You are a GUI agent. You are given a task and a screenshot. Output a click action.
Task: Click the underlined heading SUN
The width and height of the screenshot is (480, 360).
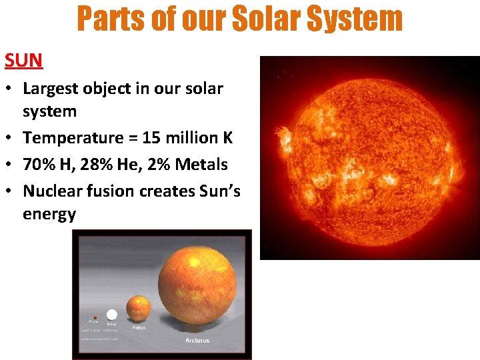click(x=24, y=60)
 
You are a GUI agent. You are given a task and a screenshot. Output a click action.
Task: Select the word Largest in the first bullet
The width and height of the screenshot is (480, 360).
click(x=51, y=89)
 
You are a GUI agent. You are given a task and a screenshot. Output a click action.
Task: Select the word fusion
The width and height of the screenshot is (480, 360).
click(x=111, y=191)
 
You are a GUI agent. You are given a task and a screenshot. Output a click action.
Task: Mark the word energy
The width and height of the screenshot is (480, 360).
click(x=49, y=214)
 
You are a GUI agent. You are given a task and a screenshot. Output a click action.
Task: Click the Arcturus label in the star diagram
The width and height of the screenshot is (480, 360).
click(x=197, y=340)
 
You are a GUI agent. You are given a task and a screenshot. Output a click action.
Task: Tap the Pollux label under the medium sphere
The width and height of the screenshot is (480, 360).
click(x=139, y=327)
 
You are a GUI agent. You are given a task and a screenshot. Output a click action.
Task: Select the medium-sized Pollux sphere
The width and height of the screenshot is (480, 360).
click(x=138, y=309)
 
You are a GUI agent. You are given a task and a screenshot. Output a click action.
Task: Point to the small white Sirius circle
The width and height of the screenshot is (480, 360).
click(x=111, y=315)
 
